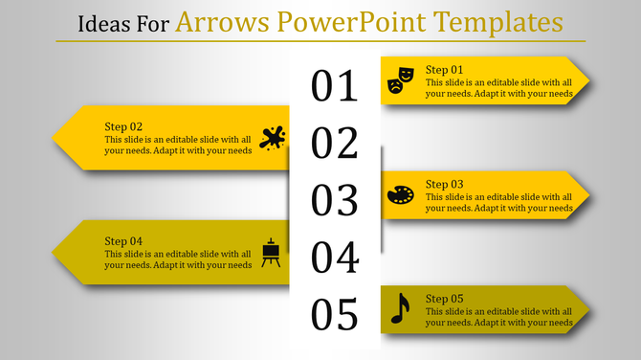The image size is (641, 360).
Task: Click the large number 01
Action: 335,86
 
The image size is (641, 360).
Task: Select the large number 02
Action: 335,144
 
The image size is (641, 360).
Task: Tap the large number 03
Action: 335,200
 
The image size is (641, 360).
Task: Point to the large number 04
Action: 335,258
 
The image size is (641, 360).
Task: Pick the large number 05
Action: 335,314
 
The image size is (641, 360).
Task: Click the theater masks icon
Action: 400,79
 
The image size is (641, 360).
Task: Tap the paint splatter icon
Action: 273,138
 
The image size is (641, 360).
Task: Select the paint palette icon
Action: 400,195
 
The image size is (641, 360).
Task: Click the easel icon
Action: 272,252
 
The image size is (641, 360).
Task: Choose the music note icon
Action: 400,308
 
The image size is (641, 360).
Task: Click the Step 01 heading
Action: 444,70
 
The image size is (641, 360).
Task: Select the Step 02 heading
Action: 123,126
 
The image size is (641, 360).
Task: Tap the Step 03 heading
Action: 444,184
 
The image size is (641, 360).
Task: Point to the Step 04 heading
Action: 123,241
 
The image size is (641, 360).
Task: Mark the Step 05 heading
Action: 444,299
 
